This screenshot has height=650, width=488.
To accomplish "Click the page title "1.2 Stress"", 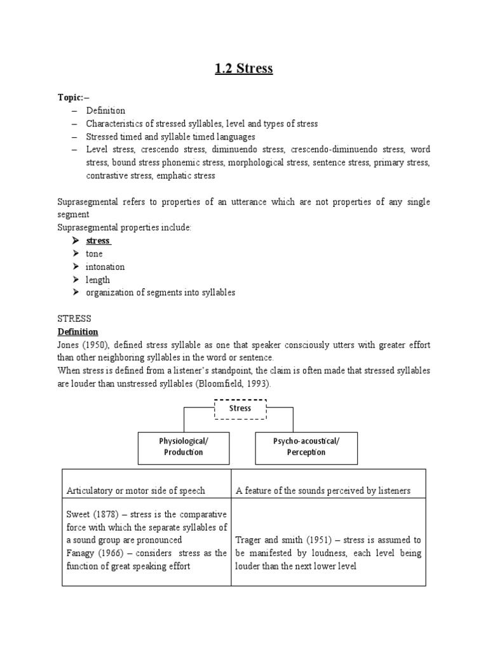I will [244, 69].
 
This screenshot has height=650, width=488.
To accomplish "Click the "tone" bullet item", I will [94, 254].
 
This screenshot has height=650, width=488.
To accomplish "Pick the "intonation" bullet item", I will [105, 267].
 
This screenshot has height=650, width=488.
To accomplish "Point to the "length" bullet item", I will [98, 279].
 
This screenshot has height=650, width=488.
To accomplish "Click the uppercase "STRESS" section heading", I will [74, 319].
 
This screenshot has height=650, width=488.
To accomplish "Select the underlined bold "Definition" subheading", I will [78, 331].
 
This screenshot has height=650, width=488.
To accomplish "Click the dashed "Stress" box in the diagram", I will [240, 408].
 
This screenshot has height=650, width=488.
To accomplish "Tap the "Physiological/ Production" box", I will [184, 447].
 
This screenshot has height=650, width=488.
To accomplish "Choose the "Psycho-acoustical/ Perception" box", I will [306, 447].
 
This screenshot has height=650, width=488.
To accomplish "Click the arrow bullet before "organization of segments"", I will [75, 293].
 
